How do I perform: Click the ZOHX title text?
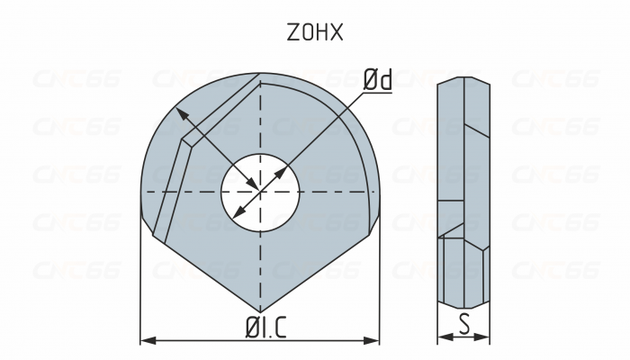(314, 33)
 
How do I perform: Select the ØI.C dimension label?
(260, 328)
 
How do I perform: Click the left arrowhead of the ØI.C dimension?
(146, 340)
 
